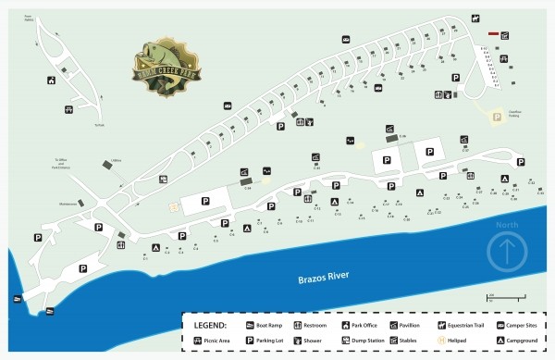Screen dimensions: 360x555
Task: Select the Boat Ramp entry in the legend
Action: pyautogui.click(x=264, y=327)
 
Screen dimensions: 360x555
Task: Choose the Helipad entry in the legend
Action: pyautogui.click(x=459, y=341)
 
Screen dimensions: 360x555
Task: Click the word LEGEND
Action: pyautogui.click(x=212, y=327)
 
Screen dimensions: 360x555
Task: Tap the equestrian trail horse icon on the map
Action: pyautogui.click(x=475, y=19)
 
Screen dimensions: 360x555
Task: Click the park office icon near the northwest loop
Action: pyautogui.click(x=49, y=81)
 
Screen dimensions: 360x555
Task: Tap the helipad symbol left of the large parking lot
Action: pyautogui.click(x=170, y=205)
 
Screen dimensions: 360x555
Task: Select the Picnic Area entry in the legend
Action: pyautogui.click(x=211, y=341)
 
